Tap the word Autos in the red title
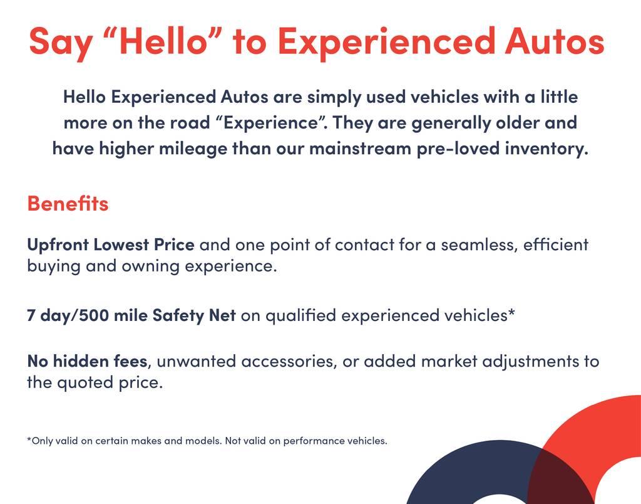pyautogui.click(x=555, y=41)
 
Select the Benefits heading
pyautogui.click(x=68, y=203)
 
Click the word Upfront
pyautogui.click(x=58, y=245)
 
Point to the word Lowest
pyautogui.click(x=121, y=245)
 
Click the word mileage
pyautogui.click(x=193, y=149)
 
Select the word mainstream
pyautogui.click(x=360, y=148)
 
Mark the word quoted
pyautogui.click(x=85, y=383)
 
